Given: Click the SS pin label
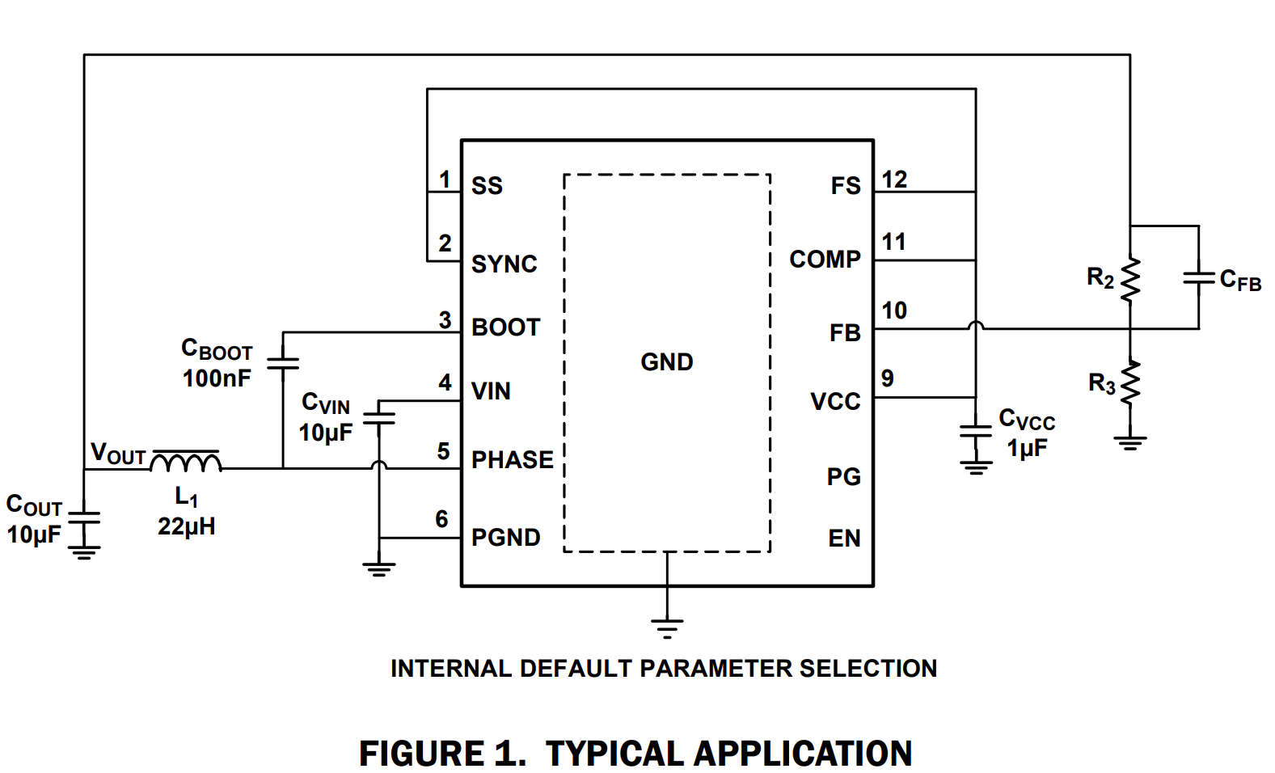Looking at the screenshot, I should (x=487, y=186).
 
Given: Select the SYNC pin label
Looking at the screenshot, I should (x=504, y=264).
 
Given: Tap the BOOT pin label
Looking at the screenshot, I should (x=505, y=327).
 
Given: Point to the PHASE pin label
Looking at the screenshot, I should (x=512, y=460).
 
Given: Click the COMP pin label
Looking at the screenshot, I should (x=825, y=260).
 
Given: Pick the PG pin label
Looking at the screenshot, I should (x=843, y=477).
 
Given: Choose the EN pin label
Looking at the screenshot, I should (x=844, y=539).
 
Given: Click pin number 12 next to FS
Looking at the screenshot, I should (x=894, y=180).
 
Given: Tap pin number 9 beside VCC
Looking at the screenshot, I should (x=888, y=378).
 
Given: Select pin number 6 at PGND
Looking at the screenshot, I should (x=441, y=519).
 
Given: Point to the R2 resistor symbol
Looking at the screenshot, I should (x=1130, y=280).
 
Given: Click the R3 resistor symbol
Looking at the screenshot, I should (x=1130, y=382).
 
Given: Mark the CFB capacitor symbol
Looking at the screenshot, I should (x=1198, y=278).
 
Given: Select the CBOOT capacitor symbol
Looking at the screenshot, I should (x=283, y=363).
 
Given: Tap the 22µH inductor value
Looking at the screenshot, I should (x=186, y=527).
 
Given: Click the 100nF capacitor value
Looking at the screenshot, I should (x=217, y=378).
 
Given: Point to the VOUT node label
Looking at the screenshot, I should (x=118, y=454).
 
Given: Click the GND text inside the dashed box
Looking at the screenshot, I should (x=666, y=362).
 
